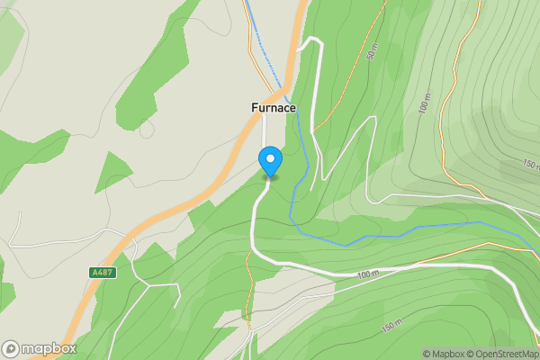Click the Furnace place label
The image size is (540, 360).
pos(273,108)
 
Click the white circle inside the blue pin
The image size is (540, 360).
pos(270,159)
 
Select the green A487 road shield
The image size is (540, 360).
pos(103,272)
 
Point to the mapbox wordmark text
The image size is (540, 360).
pos(49,349)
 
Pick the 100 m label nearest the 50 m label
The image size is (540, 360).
pos(425,105)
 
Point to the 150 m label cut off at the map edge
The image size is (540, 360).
pos(531,165)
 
